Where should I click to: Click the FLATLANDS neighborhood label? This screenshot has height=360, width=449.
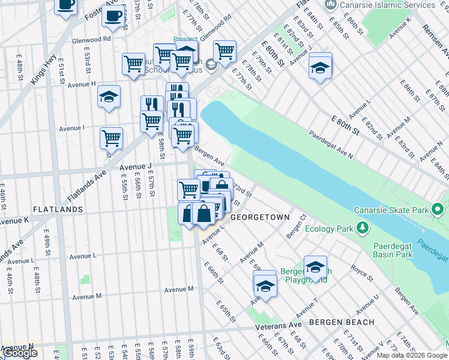(x=58, y=209)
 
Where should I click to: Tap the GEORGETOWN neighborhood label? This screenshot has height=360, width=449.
(x=260, y=217)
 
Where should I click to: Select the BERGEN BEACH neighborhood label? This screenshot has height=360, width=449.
(x=342, y=322)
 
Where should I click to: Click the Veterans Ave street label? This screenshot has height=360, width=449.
(x=279, y=325)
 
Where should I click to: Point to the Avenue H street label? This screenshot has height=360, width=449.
(x=82, y=84)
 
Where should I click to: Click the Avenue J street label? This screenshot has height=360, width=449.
(x=136, y=166)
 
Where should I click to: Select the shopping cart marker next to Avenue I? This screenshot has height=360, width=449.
(x=111, y=138)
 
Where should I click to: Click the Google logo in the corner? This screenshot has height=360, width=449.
(x=20, y=353)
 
